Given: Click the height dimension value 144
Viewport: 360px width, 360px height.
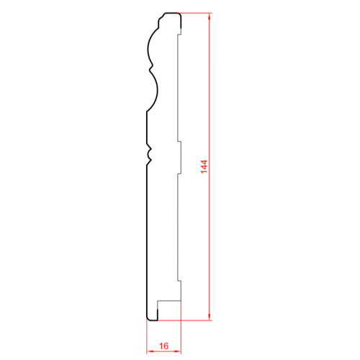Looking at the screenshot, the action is pyautogui.click(x=204, y=166).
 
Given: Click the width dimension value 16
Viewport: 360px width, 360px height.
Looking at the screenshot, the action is pyautogui.click(x=164, y=346).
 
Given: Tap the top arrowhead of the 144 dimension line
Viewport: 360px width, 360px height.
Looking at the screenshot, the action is pyautogui.click(x=210, y=17).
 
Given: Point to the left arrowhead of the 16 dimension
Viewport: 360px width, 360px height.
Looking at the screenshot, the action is pyautogui.click(x=150, y=351).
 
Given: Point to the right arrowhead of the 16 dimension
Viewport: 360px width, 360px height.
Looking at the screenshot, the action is pyautogui.click(x=178, y=351).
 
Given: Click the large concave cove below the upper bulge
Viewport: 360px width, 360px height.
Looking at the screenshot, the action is pyautogui.click(x=156, y=91).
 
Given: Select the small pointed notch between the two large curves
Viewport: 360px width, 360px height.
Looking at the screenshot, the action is pyautogui.click(x=151, y=68).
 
